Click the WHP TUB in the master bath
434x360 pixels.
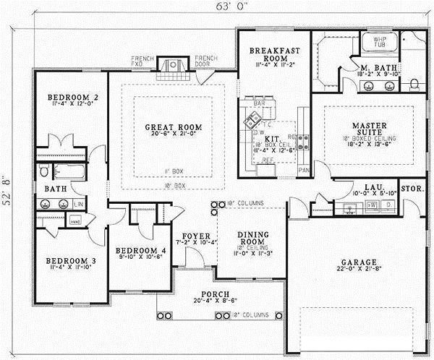[380, 43]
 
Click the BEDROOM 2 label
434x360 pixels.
[72, 97]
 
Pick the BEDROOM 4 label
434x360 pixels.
[140, 251]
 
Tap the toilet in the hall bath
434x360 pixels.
[45, 171]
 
